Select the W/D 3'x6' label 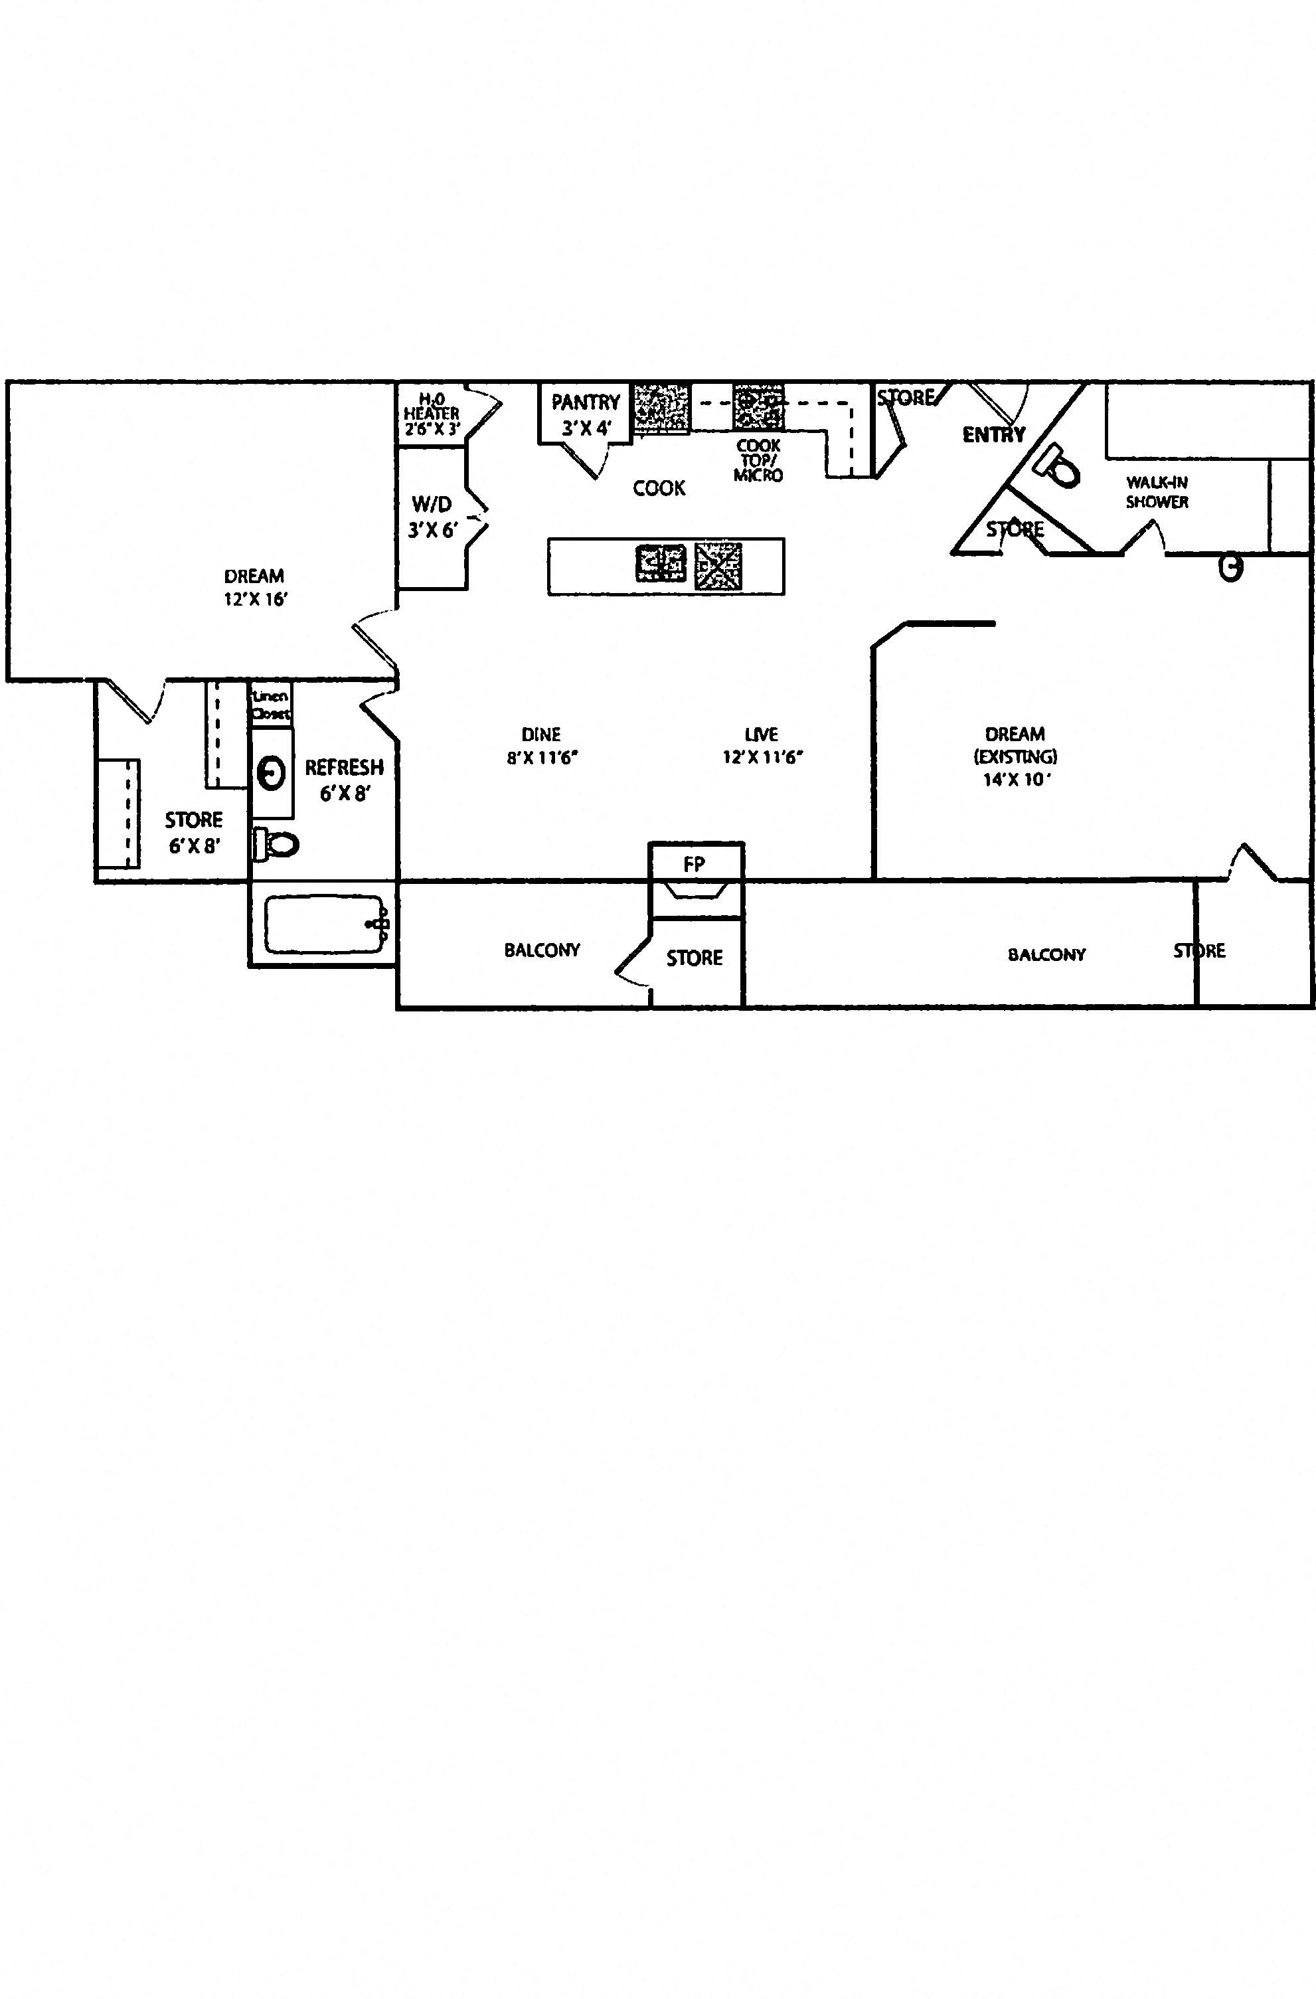coord(432,517)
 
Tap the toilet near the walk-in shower coord(1058,467)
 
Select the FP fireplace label coord(694,863)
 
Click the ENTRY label coord(993,434)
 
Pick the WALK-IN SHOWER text coord(1157,491)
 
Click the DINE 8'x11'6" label coord(542,745)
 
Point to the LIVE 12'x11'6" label coord(762,745)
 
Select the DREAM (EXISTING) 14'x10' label coord(1015,756)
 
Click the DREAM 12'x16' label coord(254,587)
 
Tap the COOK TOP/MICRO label coord(758,460)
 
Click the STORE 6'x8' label coord(194,831)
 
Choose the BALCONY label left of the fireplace coord(542,950)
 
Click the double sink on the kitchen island coord(661,563)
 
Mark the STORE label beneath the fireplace coord(695,958)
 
